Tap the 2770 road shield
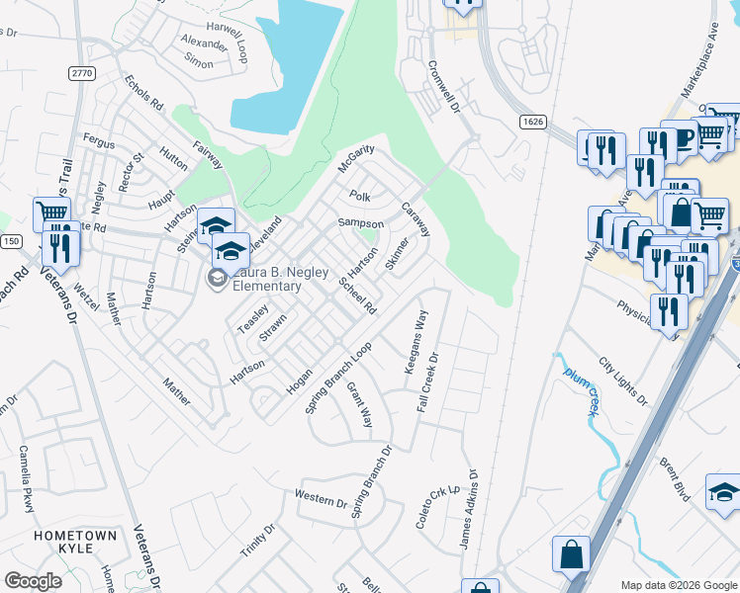[82, 73]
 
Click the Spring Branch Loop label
[337, 378]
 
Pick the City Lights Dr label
[623, 382]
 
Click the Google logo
[33, 581]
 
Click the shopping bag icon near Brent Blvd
[572, 554]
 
